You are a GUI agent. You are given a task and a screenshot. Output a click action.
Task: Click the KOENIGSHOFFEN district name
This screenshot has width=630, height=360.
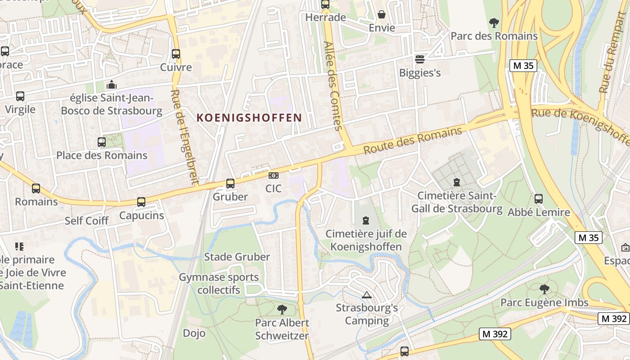point(249,118)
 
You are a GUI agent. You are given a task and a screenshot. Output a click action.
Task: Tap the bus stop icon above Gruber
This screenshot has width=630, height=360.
point(230,184)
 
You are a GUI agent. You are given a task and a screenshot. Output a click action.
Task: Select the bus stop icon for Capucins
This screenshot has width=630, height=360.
point(141,202)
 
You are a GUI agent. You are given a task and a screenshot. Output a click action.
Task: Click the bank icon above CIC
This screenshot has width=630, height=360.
point(273,175)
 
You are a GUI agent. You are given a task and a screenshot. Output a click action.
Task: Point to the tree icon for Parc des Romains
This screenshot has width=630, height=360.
point(494,22)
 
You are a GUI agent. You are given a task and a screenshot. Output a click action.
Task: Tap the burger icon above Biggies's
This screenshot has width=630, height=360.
point(420,59)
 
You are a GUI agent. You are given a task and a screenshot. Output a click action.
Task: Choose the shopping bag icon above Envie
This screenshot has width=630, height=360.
point(382,15)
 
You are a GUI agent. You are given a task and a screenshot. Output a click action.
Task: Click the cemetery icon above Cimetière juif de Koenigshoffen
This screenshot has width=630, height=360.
point(366,220)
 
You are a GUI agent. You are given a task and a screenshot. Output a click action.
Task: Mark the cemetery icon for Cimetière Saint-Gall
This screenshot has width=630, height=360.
point(457,182)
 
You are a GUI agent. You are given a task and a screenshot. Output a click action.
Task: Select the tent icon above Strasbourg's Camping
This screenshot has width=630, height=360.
point(367,295)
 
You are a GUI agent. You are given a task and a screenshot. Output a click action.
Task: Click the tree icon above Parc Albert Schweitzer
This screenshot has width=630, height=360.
point(282,309)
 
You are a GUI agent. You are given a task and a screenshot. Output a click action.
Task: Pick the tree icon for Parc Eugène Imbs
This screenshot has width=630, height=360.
point(544,289)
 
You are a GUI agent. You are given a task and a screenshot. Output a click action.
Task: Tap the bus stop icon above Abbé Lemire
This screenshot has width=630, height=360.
point(539,198)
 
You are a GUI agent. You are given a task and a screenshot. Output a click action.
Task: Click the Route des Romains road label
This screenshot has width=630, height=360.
point(413,140)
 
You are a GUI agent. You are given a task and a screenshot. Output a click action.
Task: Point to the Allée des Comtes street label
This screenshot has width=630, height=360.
point(333,86)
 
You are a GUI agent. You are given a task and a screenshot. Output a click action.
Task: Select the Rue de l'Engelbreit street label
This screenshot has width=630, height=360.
point(184,137)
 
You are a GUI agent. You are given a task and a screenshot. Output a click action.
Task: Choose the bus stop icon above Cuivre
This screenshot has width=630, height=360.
point(176,54)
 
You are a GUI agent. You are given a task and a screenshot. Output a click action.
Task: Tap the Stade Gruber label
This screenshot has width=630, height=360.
point(237,257)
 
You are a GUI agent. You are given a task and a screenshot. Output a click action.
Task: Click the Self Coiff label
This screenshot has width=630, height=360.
point(86,220)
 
